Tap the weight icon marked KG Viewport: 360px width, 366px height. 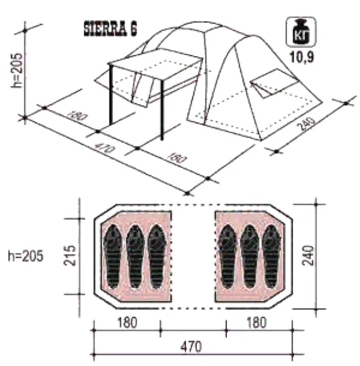click(301, 32)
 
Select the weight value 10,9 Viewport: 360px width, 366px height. click(301, 57)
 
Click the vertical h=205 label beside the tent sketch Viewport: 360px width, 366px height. click(17, 71)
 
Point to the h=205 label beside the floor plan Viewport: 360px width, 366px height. click(25, 256)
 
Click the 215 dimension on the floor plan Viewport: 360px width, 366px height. click(70, 255)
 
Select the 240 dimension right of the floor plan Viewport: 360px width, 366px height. click(308, 255)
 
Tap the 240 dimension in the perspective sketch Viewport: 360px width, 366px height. click(306, 125)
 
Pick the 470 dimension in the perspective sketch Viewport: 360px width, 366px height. click(105, 147)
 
